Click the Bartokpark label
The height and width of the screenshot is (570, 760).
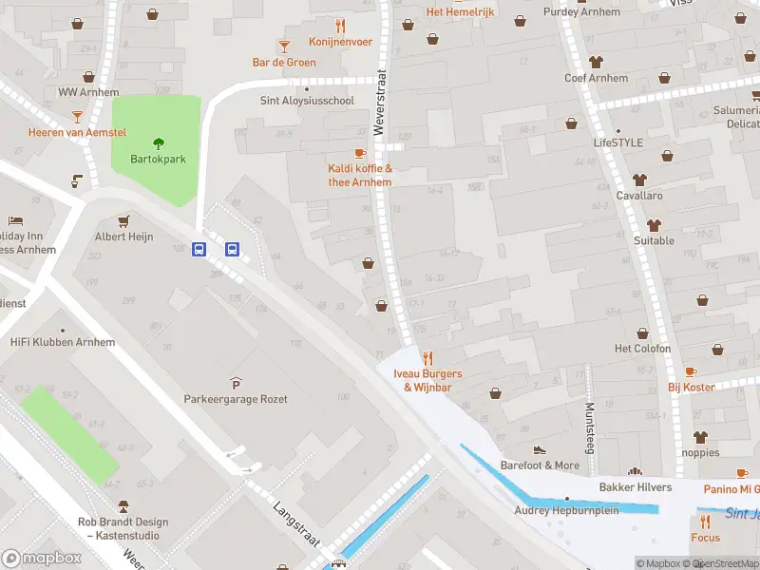[158, 160]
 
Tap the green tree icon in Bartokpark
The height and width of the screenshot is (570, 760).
[158, 143]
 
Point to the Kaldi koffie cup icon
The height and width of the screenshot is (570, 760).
[360, 153]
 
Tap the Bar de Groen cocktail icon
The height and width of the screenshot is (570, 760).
[283, 46]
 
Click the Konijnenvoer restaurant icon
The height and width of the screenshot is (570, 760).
[339, 25]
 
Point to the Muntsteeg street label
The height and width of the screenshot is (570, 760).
[589, 427]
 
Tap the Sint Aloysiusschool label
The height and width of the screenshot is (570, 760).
[307, 100]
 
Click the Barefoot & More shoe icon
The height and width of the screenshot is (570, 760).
[540, 449]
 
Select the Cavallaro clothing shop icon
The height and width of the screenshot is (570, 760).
[638, 179]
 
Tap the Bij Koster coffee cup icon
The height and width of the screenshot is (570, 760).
[691, 371]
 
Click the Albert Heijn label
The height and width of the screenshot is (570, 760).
[124, 237]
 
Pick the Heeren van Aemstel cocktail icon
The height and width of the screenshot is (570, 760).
[77, 116]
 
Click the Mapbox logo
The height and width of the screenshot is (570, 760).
[41, 558]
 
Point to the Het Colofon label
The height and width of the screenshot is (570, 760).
[642, 349]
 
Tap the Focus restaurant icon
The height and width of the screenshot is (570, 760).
[705, 522]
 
